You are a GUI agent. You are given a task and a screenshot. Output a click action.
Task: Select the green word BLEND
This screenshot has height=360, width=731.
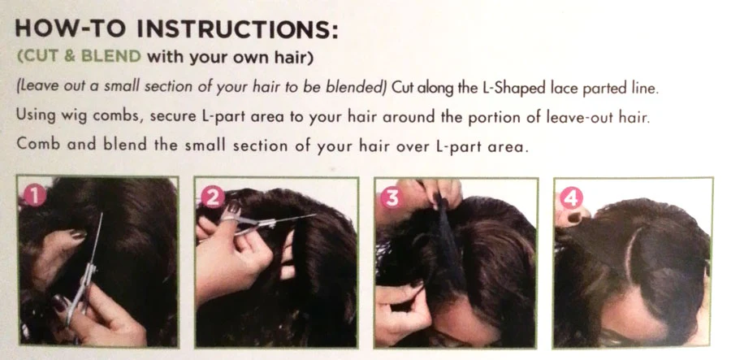[111, 57]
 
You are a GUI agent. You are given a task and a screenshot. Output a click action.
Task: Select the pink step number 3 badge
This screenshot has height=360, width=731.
[391, 198]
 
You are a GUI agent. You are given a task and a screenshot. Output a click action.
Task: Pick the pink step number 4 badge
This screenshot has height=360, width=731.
[571, 198]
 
